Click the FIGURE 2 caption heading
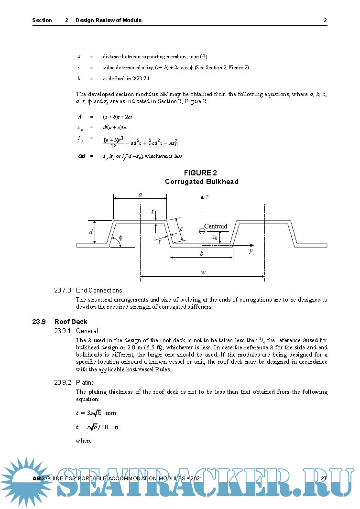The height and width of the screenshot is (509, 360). click(201, 173)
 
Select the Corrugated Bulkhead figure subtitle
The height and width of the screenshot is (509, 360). click(201, 182)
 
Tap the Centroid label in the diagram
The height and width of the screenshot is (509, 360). click(216, 226)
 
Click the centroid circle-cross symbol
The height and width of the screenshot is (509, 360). click(202, 231)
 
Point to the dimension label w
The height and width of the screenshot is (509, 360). click(203, 272)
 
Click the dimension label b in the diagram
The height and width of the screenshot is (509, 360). click(201, 254)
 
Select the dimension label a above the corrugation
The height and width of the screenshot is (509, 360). click(140, 194)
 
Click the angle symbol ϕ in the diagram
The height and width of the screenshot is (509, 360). click(120, 238)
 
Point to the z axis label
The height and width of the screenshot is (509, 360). click(207, 196)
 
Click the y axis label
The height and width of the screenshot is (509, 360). click(251, 251)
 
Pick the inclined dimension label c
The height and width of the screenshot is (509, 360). click(182, 229)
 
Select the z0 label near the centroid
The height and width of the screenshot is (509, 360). click(215, 237)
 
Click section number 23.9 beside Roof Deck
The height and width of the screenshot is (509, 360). click(39, 322)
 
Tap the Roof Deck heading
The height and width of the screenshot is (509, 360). click(71, 322)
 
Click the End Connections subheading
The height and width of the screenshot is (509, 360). click(99, 290)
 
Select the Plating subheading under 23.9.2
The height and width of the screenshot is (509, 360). click(85, 382)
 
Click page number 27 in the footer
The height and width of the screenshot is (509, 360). click(324, 478)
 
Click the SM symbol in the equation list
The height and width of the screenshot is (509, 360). click(81, 156)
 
